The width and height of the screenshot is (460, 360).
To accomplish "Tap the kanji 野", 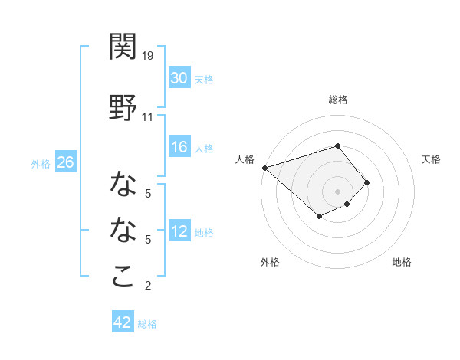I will pos(123,107).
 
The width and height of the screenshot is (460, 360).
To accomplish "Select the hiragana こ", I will pos(123,276).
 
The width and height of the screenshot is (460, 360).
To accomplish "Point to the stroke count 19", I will pos(148,56).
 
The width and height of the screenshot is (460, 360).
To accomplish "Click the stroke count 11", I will pos(147,117).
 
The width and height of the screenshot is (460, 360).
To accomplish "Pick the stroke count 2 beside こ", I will pos(148,286).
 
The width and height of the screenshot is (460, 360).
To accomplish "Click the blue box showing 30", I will pos(179,78).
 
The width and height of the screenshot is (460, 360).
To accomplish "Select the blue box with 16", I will pos(179,147).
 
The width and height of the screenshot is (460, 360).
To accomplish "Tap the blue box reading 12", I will pos(179,231).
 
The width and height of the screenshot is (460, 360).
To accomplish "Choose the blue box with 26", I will pos(65,162).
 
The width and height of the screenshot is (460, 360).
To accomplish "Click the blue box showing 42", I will pos(122,322).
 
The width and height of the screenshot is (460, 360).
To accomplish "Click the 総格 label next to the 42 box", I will pos(147,324).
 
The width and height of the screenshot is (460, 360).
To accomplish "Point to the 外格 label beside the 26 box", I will pos(41,163).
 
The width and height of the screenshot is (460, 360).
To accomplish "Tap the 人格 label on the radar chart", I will pos(245,159).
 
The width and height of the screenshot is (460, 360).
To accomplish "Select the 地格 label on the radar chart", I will pos(402,262).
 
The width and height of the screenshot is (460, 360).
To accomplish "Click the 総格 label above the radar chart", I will pos(337,100).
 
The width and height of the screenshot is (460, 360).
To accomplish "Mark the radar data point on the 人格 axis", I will pos(264,167).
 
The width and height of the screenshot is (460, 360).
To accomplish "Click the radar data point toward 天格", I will pos(367,182).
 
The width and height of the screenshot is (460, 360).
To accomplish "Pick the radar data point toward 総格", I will pos(337,146).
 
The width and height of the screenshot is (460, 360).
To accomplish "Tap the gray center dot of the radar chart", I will pos(337,191).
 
